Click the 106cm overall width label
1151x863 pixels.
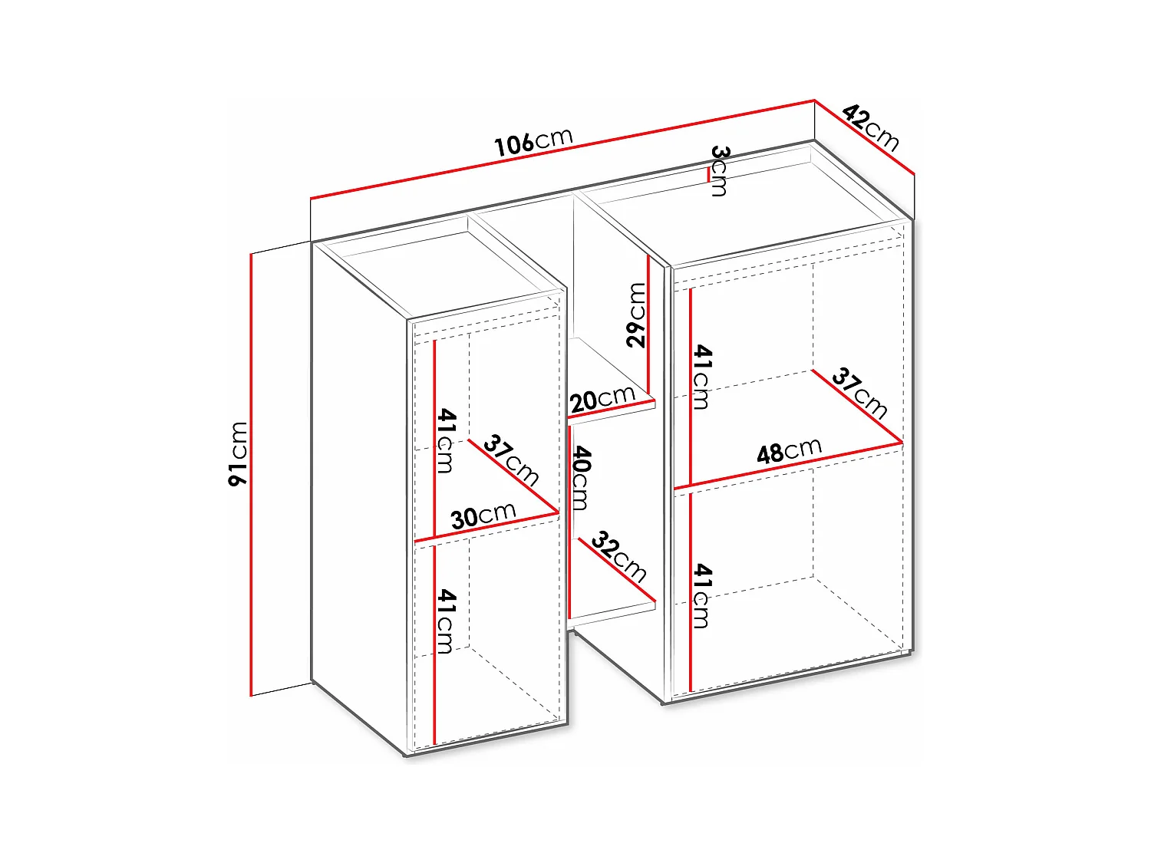534,141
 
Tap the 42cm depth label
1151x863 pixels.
870,128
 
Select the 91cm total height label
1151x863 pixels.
238,454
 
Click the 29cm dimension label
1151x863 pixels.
636,315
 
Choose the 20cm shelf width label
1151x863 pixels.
602,399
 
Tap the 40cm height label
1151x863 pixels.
581,477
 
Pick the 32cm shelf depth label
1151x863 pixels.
618,557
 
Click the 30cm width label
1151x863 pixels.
483,516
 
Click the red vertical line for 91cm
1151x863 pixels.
251,475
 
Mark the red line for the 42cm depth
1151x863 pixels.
865,137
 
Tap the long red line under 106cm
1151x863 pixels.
562,149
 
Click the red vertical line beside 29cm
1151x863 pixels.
648,326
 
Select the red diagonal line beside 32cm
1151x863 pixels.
617,570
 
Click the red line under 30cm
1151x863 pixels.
486,526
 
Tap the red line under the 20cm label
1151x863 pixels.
612,409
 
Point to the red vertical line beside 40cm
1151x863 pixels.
569,522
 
